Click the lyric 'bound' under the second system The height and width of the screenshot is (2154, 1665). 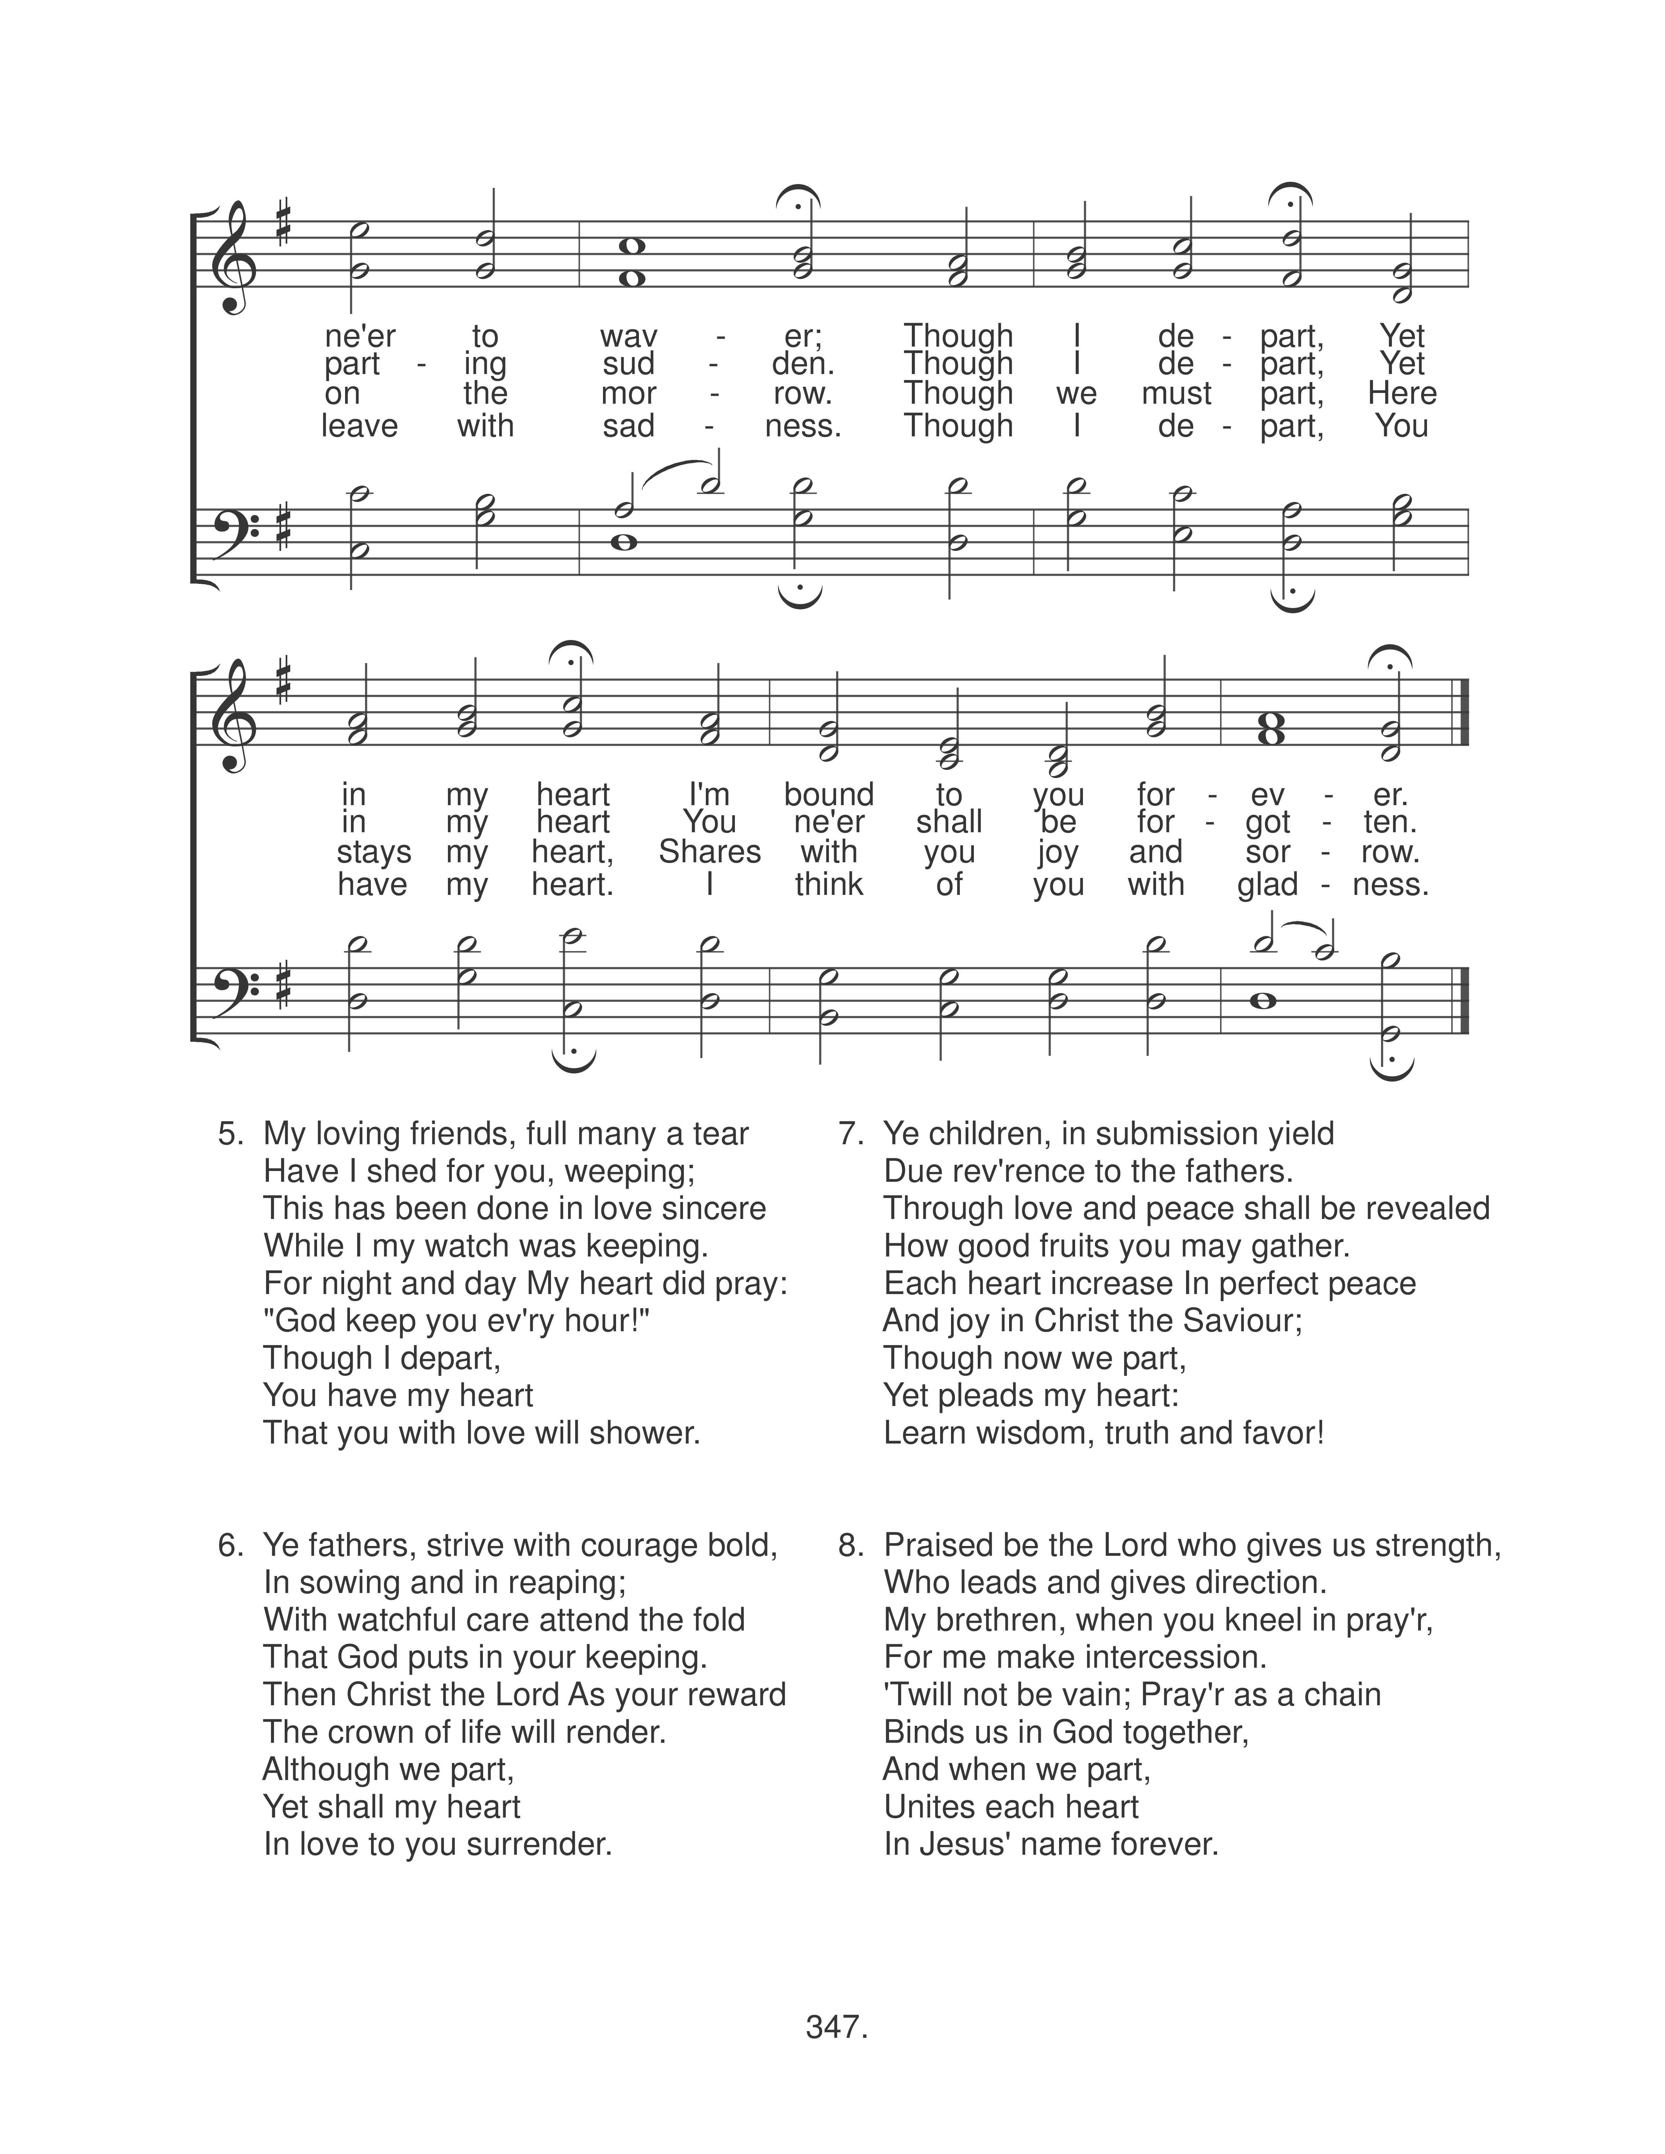[829, 795]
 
